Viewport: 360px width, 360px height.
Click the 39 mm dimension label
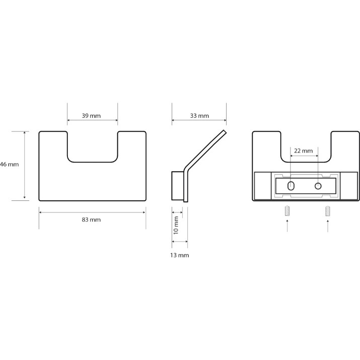point(91,116)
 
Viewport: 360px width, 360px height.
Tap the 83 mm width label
point(91,220)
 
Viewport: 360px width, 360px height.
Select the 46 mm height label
point(9,164)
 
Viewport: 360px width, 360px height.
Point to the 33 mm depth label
point(199,116)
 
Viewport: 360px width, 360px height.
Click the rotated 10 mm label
point(176,225)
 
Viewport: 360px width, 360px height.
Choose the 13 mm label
point(180,255)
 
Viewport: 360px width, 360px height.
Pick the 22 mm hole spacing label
point(303,151)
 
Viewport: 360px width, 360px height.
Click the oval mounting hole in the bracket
point(291,186)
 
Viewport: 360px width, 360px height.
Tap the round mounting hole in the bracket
point(318,186)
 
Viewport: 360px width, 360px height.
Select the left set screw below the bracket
point(287,211)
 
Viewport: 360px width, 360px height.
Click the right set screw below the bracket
point(328,211)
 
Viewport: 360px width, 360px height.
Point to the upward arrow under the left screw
point(287,226)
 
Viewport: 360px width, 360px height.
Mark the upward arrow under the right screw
point(328,226)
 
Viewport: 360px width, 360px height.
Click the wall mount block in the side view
point(178,185)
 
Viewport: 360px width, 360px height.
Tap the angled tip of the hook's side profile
point(225,131)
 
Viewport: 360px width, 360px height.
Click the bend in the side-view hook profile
point(186,170)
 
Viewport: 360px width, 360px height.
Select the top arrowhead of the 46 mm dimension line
point(25,133)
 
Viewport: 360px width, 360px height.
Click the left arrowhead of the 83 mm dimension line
point(40,212)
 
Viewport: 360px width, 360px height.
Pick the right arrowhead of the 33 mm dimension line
point(225,120)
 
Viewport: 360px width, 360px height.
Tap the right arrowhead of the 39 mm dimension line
point(116,120)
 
